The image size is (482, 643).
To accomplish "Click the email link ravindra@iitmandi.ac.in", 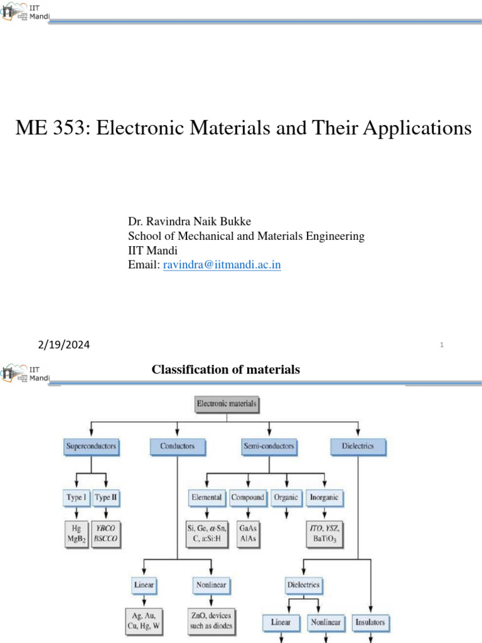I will click(x=222, y=265).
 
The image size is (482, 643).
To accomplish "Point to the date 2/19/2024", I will click(x=63, y=344).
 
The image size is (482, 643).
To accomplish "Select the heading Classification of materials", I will click(x=226, y=370).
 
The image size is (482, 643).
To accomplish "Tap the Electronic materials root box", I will click(x=227, y=404).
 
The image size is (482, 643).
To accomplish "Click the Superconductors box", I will click(x=92, y=446).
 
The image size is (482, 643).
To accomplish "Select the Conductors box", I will click(x=178, y=446).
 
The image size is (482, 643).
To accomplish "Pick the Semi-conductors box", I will click(x=269, y=446).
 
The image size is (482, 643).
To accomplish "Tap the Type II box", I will click(x=106, y=498).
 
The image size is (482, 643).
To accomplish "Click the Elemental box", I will click(x=206, y=498).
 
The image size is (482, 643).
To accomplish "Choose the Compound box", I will click(x=247, y=498).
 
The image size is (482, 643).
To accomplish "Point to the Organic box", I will click(x=286, y=498).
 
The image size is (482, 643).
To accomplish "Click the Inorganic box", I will click(x=324, y=498).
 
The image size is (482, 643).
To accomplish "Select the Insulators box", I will click(x=371, y=623).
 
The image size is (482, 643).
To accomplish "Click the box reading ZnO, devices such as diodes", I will click(x=211, y=620).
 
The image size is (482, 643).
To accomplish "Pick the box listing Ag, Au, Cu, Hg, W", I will click(x=144, y=620).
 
